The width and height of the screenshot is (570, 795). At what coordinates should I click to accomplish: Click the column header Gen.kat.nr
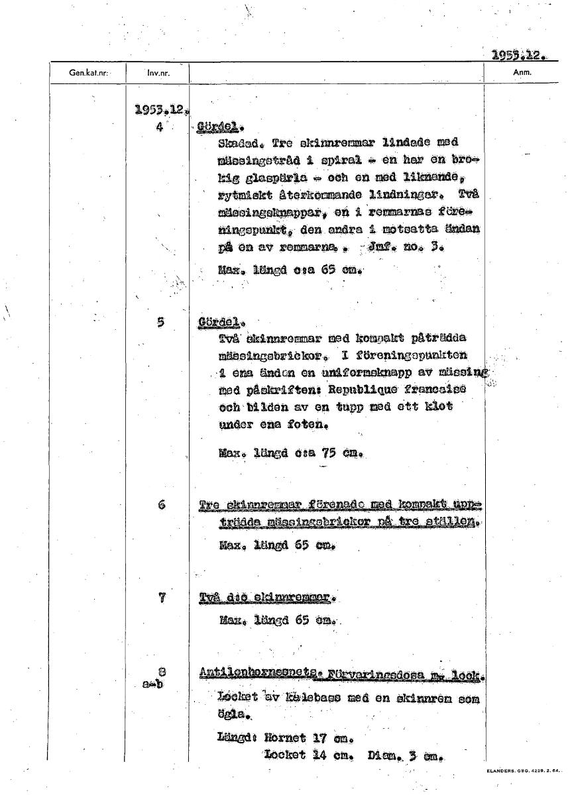click(x=88, y=73)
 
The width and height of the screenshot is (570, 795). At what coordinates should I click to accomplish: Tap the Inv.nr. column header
click(x=158, y=73)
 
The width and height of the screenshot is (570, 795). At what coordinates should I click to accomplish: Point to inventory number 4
click(x=160, y=127)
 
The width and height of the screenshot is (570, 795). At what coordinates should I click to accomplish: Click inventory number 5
click(x=160, y=323)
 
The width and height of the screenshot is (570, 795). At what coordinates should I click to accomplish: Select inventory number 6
click(x=161, y=504)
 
